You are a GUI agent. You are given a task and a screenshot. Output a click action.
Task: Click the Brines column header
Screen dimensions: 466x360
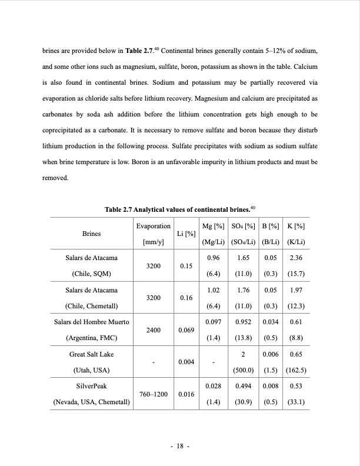pyautogui.click(x=91, y=234)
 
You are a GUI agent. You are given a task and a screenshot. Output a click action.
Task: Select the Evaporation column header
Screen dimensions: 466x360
pyautogui.click(x=153, y=226)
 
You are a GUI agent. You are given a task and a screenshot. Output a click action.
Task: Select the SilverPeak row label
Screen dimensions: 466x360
pyautogui.click(x=91, y=387)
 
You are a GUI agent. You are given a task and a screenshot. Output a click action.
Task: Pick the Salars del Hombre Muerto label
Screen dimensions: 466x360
pyautogui.click(x=91, y=322)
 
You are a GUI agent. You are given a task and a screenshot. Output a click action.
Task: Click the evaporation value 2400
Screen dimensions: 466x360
pyautogui.click(x=153, y=331)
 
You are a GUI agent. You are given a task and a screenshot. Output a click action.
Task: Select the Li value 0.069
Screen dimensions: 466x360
pyautogui.click(x=186, y=331)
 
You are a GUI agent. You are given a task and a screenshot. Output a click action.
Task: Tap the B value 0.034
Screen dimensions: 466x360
pyautogui.click(x=270, y=322)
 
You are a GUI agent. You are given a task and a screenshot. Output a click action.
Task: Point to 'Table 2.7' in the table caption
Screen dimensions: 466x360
pyautogui.click(x=118, y=209)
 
